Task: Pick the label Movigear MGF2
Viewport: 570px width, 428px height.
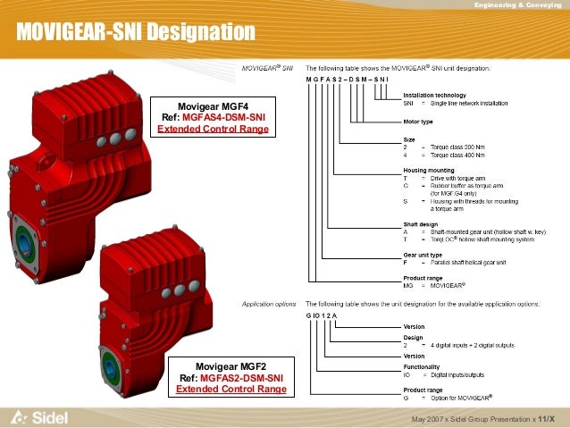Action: (x=231, y=366)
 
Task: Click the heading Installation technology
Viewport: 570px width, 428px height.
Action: (x=433, y=94)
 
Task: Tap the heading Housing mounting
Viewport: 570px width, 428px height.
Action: (x=429, y=170)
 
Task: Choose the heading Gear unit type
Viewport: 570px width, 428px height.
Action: (x=423, y=256)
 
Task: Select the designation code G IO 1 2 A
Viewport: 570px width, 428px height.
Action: (x=322, y=316)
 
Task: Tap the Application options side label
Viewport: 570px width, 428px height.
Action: (x=269, y=304)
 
